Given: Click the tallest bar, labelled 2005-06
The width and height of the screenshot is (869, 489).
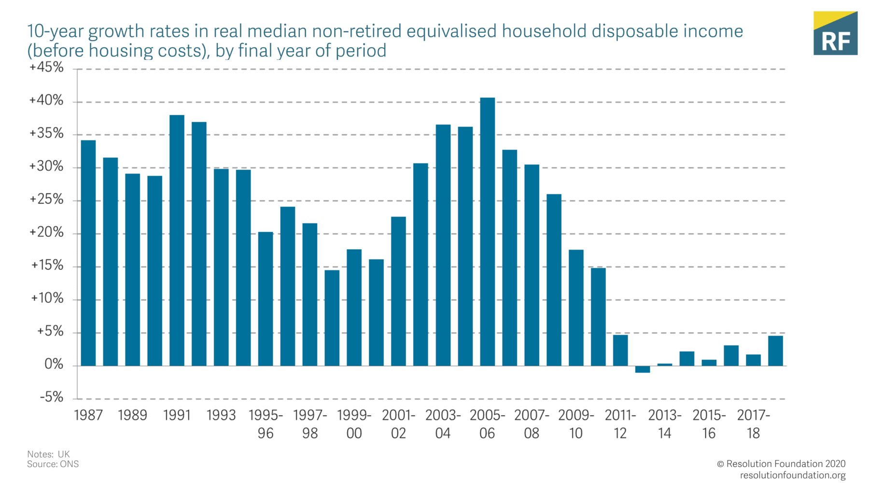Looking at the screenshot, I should tap(487, 232).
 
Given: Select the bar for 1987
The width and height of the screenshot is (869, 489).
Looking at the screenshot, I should tap(88, 253).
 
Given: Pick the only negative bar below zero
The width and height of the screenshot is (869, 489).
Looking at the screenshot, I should tap(642, 369).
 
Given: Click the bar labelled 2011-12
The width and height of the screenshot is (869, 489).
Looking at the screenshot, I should tap(620, 350).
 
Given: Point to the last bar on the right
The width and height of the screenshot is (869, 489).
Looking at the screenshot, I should tap(775, 351).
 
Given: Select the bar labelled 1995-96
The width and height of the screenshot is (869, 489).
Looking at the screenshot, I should tap(266, 299).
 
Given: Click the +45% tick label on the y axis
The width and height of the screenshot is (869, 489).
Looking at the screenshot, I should tap(46, 67).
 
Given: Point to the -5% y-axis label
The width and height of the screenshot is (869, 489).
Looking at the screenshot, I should tap(51, 397).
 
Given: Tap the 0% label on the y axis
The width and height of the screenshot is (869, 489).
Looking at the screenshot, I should tap(54, 364).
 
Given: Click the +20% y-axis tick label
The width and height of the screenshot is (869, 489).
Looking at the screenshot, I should tap(46, 232).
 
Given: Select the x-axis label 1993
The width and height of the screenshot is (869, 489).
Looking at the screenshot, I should tap(221, 416).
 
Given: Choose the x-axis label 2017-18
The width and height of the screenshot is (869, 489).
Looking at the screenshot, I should tap(753, 424).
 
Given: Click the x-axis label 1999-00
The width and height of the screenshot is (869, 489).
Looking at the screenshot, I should tap(354, 424).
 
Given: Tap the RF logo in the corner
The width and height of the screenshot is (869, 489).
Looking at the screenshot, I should tap(835, 33).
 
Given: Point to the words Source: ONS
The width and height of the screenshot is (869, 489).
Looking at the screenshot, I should tap(53, 464).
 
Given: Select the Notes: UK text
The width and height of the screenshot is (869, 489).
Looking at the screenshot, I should tap(48, 454).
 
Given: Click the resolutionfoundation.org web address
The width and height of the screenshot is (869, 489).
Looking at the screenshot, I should tap(793, 475).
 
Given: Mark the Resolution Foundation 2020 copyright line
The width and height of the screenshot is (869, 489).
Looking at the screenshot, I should tap(781, 464).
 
